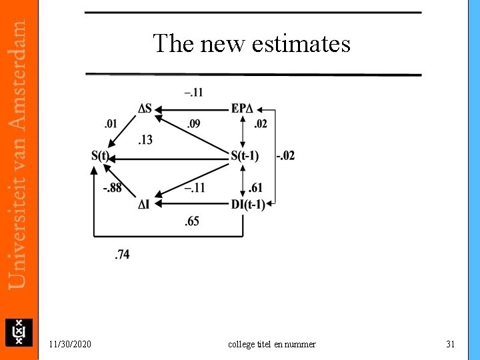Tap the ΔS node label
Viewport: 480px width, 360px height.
point(145,109)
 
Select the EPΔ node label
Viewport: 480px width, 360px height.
point(243,109)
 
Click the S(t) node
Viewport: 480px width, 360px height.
point(100,156)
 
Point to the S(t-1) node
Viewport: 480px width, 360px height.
point(245,156)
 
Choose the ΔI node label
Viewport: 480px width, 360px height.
point(144,204)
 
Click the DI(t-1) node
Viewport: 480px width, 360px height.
point(248,204)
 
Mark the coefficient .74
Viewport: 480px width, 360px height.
point(122,254)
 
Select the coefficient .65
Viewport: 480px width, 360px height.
point(191,221)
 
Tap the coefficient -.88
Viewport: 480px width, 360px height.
point(112,188)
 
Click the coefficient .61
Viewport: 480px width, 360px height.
point(255,188)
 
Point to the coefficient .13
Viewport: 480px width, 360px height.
point(145,139)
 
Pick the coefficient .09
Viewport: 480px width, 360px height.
point(193,123)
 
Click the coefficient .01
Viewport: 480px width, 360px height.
point(111,123)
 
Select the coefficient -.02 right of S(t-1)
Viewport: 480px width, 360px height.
point(285,156)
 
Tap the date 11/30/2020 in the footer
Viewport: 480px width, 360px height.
point(71,344)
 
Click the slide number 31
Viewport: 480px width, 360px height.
point(450,344)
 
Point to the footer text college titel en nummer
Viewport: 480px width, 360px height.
point(272,344)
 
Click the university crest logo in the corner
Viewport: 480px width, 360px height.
point(19,332)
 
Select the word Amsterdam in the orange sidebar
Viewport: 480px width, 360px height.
point(19,73)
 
